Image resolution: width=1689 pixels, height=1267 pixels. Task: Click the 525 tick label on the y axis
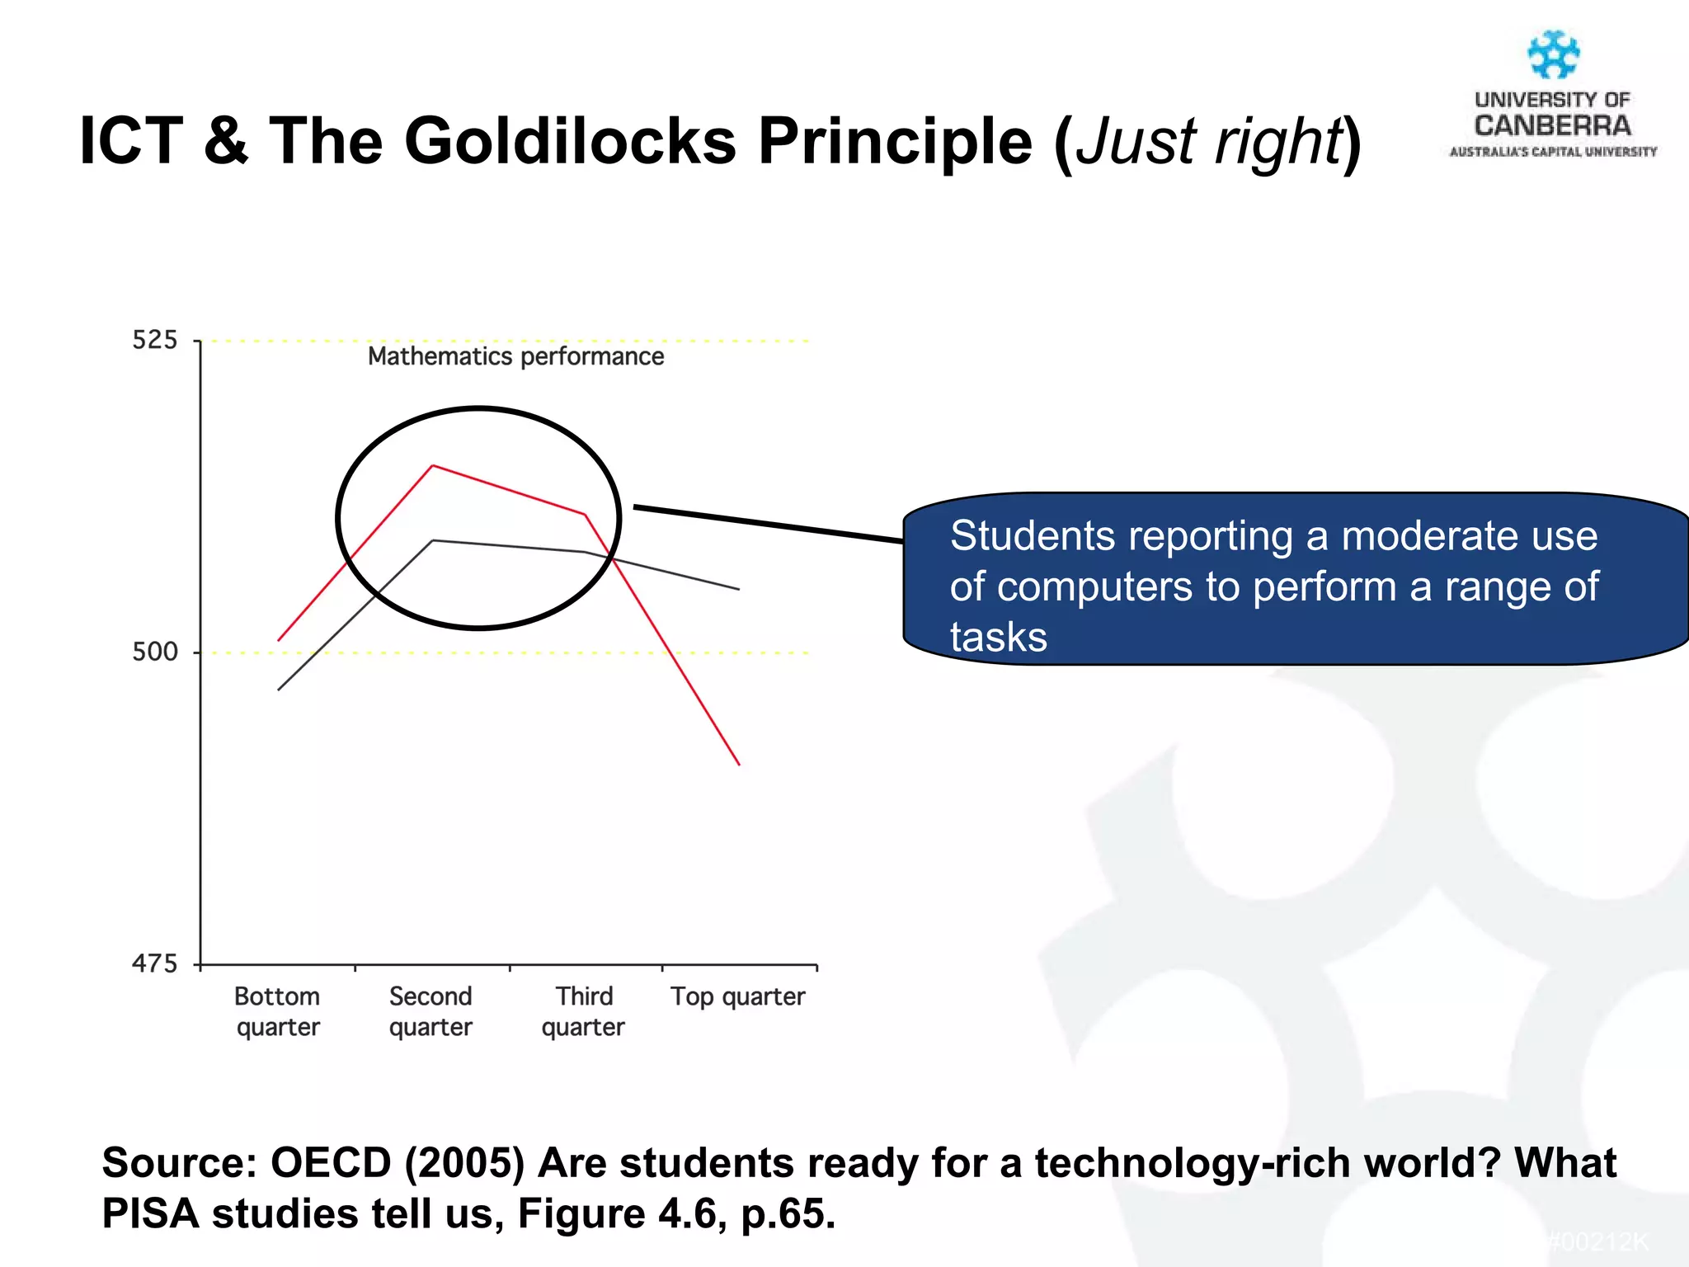(x=154, y=340)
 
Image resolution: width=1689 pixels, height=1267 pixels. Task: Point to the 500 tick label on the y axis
(x=154, y=652)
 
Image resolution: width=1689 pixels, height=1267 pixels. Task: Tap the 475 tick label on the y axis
(x=154, y=963)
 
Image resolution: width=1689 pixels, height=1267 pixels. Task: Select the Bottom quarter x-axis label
(x=277, y=1011)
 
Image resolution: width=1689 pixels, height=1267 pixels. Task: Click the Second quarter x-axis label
(x=430, y=1011)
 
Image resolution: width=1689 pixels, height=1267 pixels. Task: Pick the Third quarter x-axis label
(x=584, y=1011)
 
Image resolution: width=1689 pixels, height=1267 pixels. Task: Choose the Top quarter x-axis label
(x=737, y=996)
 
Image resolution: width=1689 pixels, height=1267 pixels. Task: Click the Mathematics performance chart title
(x=515, y=356)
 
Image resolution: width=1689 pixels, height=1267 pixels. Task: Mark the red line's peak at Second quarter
(x=433, y=466)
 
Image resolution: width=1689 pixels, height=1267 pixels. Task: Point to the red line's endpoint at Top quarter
(x=739, y=765)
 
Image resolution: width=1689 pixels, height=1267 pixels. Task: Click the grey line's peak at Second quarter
(x=433, y=540)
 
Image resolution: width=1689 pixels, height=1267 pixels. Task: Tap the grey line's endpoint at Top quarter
(x=739, y=589)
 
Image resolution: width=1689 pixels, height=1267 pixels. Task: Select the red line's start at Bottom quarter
(x=279, y=640)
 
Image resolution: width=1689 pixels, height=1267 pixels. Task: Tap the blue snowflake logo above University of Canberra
(x=1553, y=55)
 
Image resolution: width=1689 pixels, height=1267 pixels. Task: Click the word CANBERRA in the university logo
(x=1553, y=126)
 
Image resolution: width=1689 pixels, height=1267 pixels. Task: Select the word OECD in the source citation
(x=330, y=1163)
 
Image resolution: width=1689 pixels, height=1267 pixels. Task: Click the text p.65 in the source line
(x=788, y=1213)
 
